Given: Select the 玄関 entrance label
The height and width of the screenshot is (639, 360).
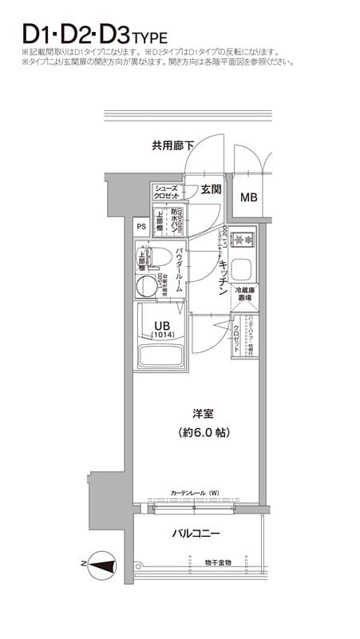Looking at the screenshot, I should (x=210, y=190).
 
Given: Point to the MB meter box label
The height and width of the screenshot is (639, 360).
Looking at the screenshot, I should (x=250, y=197).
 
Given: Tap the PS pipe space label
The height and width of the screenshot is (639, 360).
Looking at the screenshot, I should (x=141, y=225).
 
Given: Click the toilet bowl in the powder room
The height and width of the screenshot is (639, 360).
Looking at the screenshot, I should (x=156, y=257).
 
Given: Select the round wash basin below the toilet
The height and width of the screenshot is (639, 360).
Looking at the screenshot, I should (x=148, y=286).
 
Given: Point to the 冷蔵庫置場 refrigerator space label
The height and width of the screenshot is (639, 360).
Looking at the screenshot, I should (x=243, y=295).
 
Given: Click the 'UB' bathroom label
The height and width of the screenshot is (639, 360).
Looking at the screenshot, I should (x=162, y=324).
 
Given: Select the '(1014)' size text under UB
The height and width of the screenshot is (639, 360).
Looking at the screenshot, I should (x=163, y=335).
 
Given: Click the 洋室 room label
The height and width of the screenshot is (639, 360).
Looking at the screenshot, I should (x=201, y=414).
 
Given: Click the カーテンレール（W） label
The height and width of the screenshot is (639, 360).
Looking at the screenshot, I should (x=195, y=494).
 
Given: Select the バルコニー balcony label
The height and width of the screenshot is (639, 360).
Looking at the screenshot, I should (x=196, y=533).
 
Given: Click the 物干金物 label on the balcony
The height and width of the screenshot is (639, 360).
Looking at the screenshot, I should (x=218, y=563).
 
